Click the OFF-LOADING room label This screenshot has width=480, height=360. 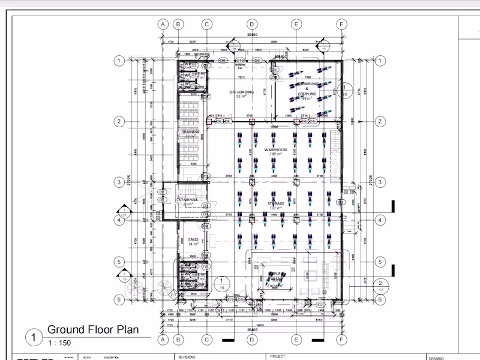pos(241,92)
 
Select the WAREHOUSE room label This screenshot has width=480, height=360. pos(276,150)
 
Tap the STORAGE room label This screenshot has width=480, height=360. pos(276,204)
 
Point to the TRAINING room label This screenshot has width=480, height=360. pos(190,131)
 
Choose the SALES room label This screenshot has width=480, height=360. pos(193,240)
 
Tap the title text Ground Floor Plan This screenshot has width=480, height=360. pos(93,329)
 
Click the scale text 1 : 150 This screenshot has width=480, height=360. pos(59,343)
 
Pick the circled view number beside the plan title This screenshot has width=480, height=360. pos(34,337)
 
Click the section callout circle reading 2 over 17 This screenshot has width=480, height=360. pos(380,286)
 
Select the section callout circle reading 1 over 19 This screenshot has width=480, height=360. pos(222,284)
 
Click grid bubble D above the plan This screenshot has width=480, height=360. pos(252,25)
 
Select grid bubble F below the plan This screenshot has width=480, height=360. pos(341,340)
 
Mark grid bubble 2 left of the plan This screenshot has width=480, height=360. pos(119,121)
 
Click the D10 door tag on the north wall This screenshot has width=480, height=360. pos(240,61)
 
